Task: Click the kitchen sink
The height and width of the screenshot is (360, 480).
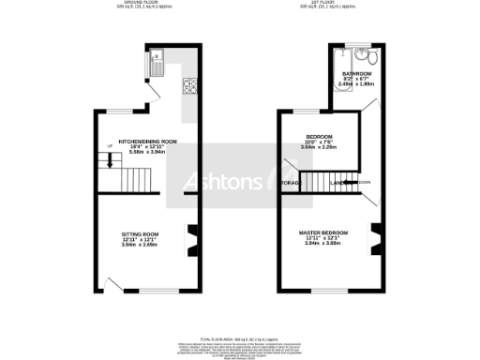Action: click(157, 63)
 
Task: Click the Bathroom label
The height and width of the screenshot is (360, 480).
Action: click(356, 77)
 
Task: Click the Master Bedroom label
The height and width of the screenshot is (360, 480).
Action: click(324, 237)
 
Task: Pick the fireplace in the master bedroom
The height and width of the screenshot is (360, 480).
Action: click(374, 238)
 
